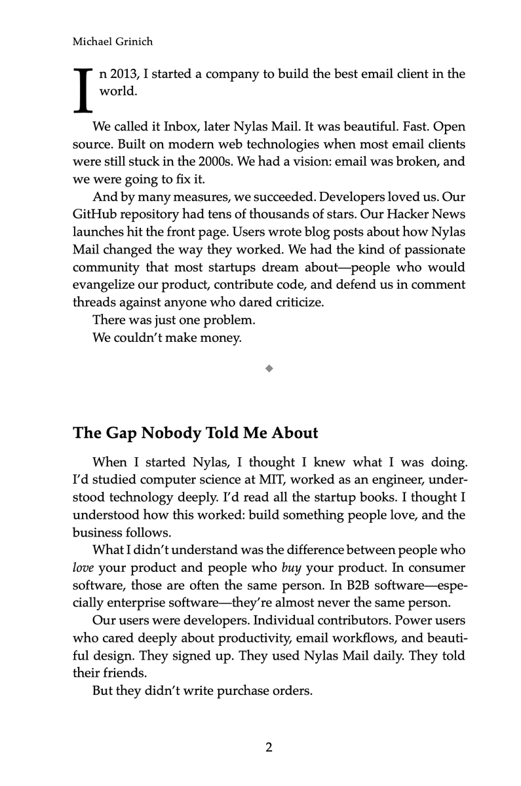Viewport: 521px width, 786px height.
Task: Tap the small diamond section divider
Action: (269, 369)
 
